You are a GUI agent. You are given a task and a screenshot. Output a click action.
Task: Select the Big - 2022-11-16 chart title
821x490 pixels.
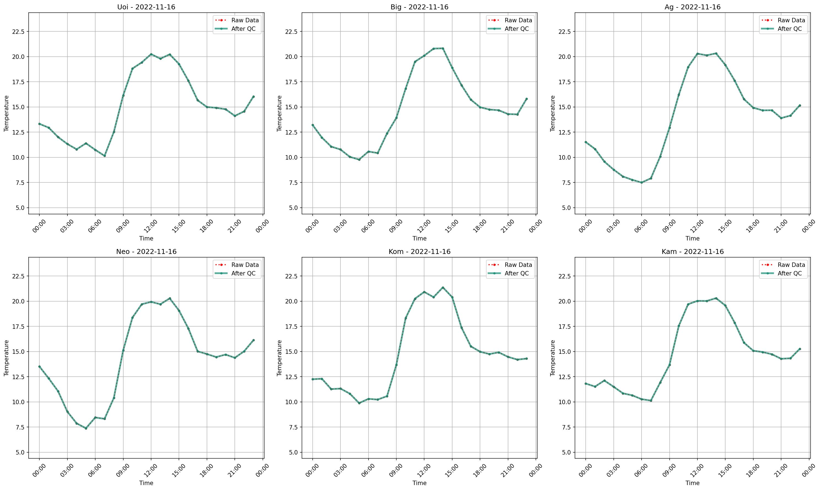[419, 7]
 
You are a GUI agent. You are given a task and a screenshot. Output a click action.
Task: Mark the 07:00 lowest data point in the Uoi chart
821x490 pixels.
[105, 156]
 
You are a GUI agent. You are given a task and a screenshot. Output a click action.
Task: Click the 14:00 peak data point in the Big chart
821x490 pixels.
[443, 48]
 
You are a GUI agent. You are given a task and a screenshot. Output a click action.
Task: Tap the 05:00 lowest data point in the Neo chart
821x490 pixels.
[86, 428]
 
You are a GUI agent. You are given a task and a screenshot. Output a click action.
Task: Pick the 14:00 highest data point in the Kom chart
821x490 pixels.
[443, 287]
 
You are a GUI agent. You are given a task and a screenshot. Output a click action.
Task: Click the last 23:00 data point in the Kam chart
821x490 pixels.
[800, 349]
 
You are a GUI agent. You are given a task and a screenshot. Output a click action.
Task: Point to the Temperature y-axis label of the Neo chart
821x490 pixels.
[6, 358]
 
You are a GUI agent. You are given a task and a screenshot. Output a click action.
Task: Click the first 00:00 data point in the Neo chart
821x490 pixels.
[39, 366]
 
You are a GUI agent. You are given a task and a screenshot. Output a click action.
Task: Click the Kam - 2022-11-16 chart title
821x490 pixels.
[692, 252]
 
